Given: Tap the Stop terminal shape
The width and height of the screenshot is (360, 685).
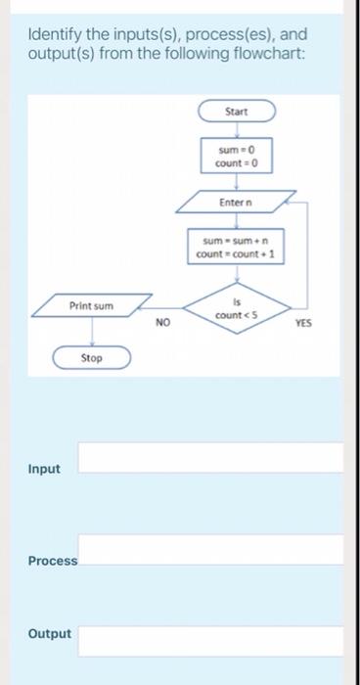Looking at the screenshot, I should tap(91, 358).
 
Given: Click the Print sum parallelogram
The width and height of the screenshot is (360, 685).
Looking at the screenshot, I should tap(91, 306).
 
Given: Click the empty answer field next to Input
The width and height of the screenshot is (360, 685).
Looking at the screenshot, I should tap(210, 457).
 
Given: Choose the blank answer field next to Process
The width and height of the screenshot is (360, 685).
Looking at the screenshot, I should tap(210, 549).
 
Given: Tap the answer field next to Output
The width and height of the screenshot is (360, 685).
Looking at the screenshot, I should tap(210, 641).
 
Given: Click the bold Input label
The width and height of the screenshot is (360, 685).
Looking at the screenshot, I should tap(44, 469).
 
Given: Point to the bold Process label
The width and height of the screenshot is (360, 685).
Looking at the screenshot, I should tap(52, 561).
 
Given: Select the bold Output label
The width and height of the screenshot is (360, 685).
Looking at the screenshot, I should tap(50, 634).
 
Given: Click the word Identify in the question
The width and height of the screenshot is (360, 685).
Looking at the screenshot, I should tap(51, 34).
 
